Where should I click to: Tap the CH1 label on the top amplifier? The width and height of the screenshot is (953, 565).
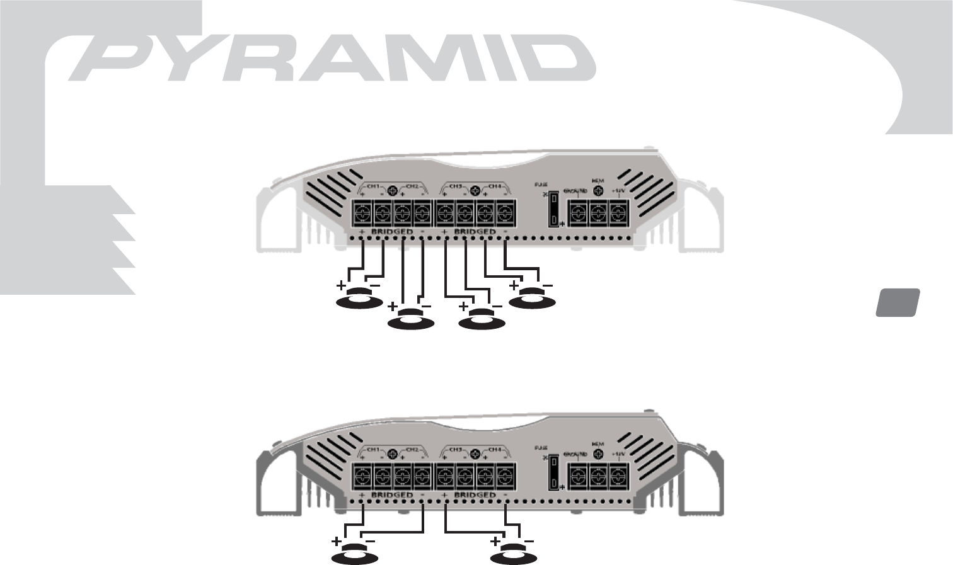[373, 187]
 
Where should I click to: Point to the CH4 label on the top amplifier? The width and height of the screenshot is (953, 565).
[495, 187]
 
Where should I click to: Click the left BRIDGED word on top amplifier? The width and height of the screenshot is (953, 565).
[392, 232]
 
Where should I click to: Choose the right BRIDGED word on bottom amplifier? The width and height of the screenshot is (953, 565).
[475, 496]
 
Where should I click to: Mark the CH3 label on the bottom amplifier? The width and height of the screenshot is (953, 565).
[454, 450]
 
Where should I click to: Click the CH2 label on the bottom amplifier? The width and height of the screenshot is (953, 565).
[412, 450]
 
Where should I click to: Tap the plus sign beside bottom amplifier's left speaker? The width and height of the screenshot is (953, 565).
[337, 542]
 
